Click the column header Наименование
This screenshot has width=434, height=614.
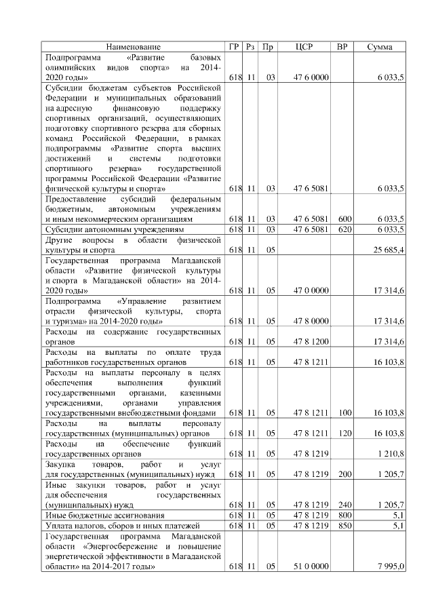tap(134, 47)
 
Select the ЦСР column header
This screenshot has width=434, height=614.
tap(304, 47)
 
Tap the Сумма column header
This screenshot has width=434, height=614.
tap(380, 47)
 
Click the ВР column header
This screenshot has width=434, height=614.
tap(342, 47)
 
